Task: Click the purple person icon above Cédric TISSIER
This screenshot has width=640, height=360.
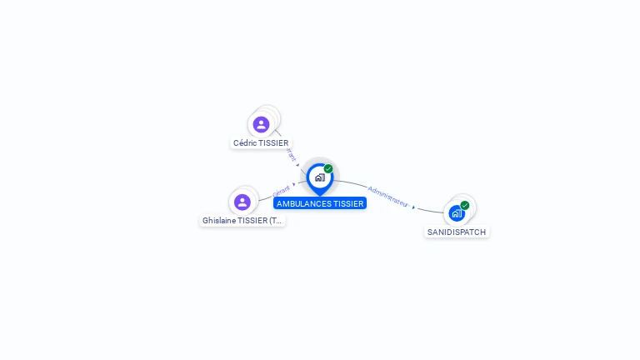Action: pyautogui.click(x=261, y=124)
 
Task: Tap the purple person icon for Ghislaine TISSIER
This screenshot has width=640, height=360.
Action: pyautogui.click(x=242, y=202)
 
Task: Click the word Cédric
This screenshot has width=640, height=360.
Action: pyautogui.click(x=245, y=143)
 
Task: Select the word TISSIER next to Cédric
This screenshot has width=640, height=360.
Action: pyautogui.click(x=273, y=143)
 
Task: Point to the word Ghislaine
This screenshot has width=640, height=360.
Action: pyautogui.click(x=218, y=221)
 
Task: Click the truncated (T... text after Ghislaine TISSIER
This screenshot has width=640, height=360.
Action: pyautogui.click(x=276, y=221)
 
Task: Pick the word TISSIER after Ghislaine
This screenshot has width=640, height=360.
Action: pyautogui.click(x=252, y=221)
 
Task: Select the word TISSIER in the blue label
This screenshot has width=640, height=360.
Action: pyautogui.click(x=348, y=203)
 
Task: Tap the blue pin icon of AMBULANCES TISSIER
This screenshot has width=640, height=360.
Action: pyautogui.click(x=319, y=177)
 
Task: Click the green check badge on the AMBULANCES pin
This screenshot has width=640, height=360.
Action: pyautogui.click(x=328, y=169)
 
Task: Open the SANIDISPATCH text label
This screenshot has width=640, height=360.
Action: pyautogui.click(x=457, y=232)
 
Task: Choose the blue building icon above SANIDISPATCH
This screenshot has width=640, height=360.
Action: pyautogui.click(x=457, y=212)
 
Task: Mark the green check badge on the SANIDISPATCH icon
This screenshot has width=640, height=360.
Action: pyautogui.click(x=465, y=205)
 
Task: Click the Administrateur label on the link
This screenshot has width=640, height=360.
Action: pyautogui.click(x=387, y=196)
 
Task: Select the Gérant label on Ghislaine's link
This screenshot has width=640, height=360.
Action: pyautogui.click(x=281, y=191)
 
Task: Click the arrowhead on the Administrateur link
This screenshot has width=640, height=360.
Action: pyautogui.click(x=413, y=207)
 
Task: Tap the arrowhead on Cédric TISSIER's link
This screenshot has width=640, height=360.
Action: pyautogui.click(x=297, y=165)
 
